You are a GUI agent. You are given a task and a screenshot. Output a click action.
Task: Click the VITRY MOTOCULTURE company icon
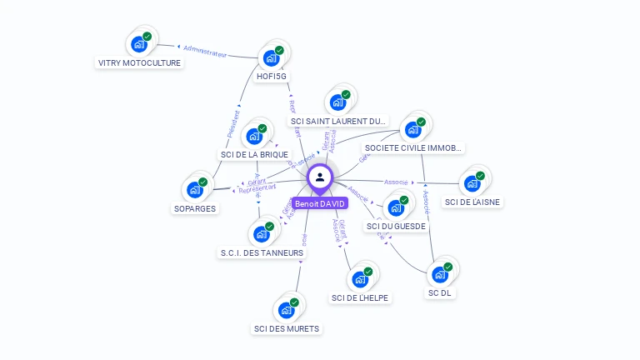point(138,44)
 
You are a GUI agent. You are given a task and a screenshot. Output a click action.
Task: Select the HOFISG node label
point(272,76)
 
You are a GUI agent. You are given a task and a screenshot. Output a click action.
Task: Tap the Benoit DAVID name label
point(319,202)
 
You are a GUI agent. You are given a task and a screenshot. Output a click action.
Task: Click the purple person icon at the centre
point(319,177)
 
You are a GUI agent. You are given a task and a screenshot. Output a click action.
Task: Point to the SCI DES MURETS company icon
point(286,310)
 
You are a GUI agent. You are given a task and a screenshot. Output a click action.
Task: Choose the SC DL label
point(442,292)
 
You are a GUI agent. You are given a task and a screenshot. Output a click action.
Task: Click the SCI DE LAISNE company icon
point(472,182)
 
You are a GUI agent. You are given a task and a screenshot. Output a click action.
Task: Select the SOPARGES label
point(195,208)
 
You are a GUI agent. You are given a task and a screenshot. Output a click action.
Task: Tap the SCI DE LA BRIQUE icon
point(254,136)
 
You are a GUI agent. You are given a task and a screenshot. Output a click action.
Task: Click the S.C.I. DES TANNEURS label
point(262,252)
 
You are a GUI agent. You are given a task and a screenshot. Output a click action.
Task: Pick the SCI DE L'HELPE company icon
point(360,279)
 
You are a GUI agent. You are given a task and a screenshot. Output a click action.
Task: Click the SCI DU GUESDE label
point(396,226)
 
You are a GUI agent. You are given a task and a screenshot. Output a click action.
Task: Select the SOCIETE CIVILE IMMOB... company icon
point(412,130)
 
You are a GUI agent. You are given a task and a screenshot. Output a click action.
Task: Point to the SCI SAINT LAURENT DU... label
point(339,122)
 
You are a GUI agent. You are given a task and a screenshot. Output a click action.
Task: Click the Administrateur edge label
point(204,52)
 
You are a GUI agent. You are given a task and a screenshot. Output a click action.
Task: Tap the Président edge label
point(232,123)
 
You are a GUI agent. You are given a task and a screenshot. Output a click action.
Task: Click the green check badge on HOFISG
point(279,50)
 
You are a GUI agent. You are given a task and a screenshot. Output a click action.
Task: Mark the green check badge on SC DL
point(448,267)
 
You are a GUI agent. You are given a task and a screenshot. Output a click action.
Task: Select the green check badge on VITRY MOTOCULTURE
point(147,37)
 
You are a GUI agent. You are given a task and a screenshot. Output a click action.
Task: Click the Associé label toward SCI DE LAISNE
point(396,182)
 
